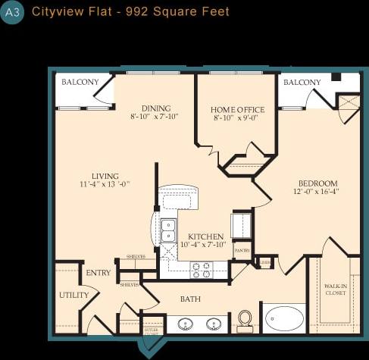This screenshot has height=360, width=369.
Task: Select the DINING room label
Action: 155,108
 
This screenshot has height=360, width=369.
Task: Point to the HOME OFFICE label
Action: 236,109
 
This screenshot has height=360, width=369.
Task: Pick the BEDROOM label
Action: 317,183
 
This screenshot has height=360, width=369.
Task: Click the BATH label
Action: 190,299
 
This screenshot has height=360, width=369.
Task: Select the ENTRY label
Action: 99,273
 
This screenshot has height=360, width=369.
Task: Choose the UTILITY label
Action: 73,295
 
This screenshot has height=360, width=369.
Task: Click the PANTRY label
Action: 242,250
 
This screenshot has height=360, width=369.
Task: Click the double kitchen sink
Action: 168,230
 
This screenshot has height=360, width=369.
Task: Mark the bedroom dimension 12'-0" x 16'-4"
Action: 317,193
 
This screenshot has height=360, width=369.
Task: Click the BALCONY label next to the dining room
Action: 79,82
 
